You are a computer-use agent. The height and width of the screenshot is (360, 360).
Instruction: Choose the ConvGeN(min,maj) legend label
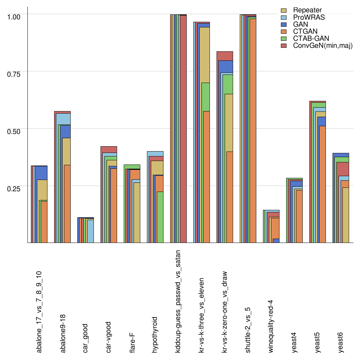click(x=322, y=46)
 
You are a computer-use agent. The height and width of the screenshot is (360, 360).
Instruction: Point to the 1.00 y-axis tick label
click(x=15, y=16)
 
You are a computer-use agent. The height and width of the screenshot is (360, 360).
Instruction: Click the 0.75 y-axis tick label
click(x=15, y=73)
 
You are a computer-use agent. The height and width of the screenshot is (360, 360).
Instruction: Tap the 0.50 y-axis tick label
click(x=15, y=131)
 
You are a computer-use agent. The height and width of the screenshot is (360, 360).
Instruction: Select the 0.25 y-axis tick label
click(x=15, y=188)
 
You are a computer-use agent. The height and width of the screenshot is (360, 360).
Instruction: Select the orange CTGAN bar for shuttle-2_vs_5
click(x=252, y=130)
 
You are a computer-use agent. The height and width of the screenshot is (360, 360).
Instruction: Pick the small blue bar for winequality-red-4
click(x=276, y=241)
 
